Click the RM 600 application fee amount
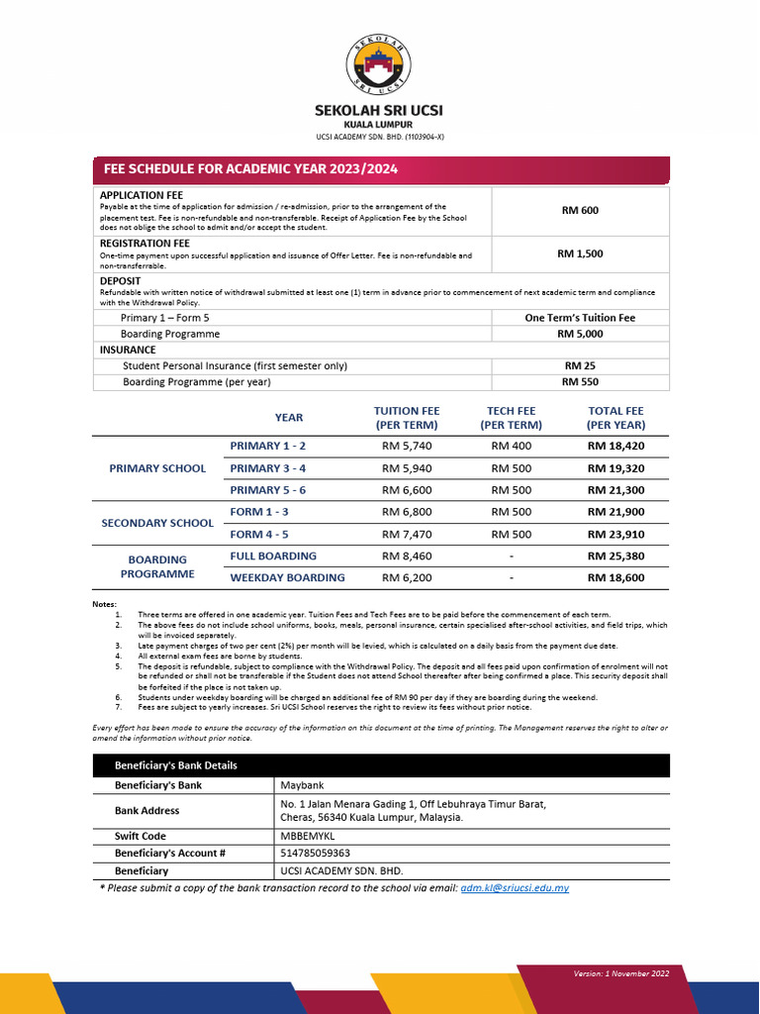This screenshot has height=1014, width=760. [580, 210]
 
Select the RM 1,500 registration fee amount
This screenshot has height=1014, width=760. [580, 253]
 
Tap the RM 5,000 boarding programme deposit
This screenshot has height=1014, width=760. [580, 334]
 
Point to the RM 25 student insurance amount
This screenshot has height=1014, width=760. [580, 365]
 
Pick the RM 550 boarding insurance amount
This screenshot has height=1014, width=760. [580, 381]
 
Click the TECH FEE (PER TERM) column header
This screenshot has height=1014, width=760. [511, 418]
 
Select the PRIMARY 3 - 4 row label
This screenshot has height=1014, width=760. [268, 467]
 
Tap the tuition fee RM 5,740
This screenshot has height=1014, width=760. [407, 446]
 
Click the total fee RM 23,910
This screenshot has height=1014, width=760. [616, 535]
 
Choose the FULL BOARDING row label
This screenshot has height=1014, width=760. [273, 557]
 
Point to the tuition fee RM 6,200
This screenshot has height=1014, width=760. [407, 577]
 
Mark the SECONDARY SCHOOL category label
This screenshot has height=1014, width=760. [157, 523]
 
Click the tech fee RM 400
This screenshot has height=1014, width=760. [511, 446]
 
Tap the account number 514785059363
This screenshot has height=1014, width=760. [316, 853]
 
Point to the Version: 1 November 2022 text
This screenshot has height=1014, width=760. [621, 973]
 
